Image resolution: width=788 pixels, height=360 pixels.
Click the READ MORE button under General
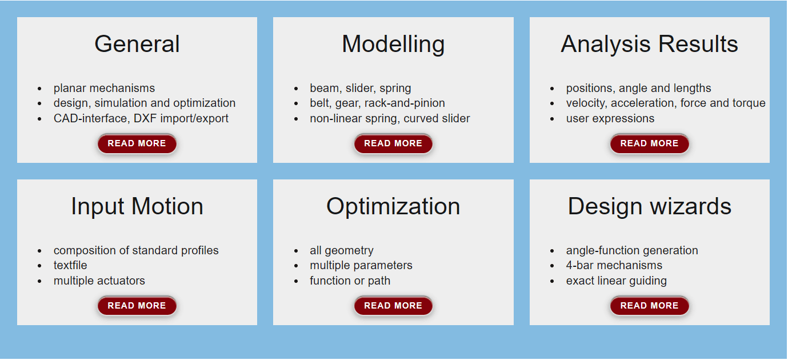137,143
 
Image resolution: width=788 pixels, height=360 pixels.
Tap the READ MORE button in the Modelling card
393,143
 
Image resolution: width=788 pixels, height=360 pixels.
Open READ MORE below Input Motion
137,306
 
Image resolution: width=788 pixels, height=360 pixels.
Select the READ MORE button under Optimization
393,306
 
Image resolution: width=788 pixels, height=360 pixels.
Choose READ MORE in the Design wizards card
649,306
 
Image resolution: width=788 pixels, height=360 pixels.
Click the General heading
137,44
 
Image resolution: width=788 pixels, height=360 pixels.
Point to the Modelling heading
393,45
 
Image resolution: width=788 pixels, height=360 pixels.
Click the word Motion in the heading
167,206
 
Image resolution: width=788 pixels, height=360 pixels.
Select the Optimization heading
393,207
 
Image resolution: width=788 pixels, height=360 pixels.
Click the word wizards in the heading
690,206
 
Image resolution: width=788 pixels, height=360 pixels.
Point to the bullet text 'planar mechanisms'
104,88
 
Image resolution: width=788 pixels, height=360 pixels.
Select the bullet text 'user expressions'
610,119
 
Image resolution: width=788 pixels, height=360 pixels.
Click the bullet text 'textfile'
70,265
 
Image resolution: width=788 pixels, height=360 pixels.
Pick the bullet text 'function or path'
350,281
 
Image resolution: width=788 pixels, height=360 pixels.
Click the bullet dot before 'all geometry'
296,251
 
